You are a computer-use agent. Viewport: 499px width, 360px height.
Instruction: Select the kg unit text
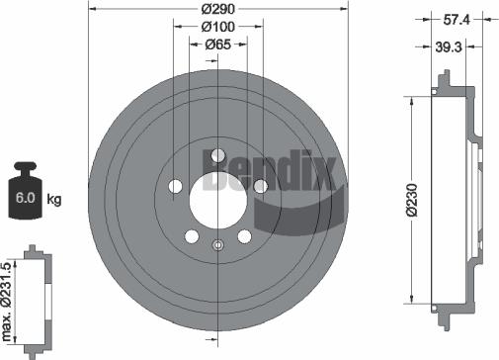point(54,200)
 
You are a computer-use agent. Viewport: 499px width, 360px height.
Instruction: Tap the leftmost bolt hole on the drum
point(174,186)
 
